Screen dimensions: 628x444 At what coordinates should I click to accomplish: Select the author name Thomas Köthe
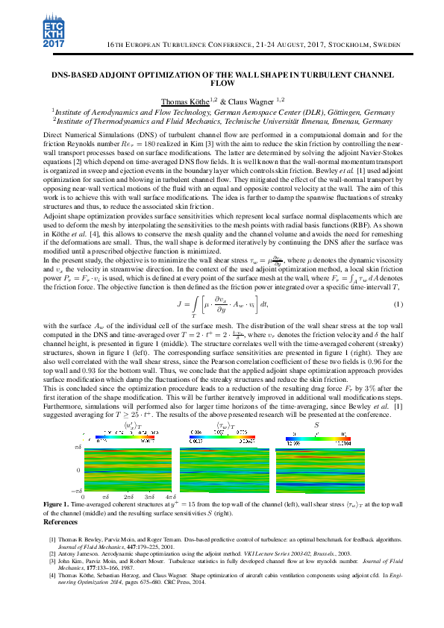point(204,101)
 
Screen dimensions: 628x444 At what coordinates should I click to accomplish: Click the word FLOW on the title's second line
point(222,84)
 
